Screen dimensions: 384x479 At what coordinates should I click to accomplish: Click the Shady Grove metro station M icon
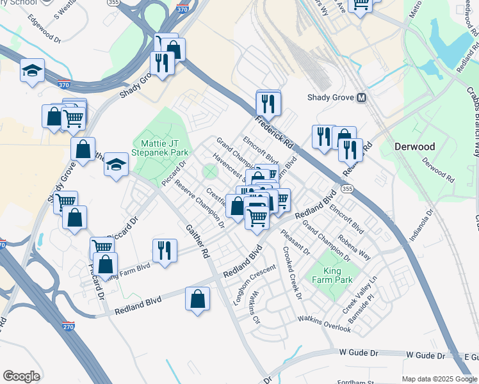[x=362, y=98]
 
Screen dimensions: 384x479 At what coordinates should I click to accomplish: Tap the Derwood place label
[x=414, y=147]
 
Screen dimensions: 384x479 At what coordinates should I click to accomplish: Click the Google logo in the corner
[x=21, y=376]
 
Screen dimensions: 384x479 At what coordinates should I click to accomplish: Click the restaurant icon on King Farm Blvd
[x=165, y=250]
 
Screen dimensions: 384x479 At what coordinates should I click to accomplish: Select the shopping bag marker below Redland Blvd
[x=198, y=298]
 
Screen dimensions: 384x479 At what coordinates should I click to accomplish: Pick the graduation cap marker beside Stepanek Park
[x=116, y=164]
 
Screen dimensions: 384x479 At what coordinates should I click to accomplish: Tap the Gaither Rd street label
[x=197, y=241]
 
